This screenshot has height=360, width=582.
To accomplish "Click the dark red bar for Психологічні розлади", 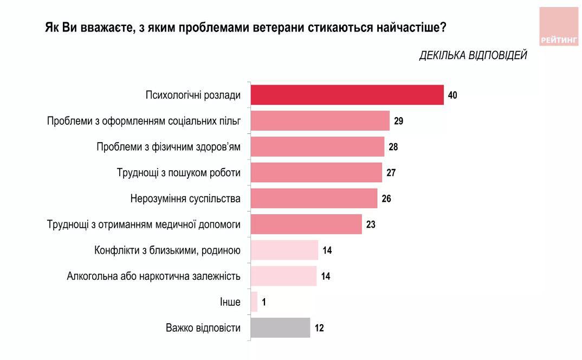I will [347, 95].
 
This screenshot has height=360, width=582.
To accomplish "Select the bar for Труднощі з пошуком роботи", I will [316, 173].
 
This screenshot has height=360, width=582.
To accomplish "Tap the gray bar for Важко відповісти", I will [281, 328].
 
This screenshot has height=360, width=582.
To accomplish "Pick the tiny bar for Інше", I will [254, 302].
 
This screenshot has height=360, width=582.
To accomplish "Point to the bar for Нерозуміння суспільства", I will [314, 198].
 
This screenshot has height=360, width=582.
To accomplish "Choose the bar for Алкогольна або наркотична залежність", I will [284, 276].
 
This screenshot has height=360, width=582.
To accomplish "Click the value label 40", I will [453, 95].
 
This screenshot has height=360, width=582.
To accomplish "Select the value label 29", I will [399, 121].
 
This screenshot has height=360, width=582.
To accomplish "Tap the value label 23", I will [371, 224].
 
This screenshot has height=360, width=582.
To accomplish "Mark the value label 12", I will [319, 328].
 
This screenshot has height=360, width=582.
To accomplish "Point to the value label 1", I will [263, 302].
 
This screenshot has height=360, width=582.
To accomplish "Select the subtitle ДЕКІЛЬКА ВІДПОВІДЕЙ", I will [473, 55].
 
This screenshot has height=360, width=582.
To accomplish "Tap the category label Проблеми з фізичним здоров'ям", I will [169, 147].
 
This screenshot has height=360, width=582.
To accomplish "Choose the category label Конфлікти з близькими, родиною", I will [167, 250].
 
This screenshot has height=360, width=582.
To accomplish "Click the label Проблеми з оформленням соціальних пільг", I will [144, 121].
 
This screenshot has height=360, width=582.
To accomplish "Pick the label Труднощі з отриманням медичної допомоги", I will [144, 224].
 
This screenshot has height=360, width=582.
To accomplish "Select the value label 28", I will [393, 147].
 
